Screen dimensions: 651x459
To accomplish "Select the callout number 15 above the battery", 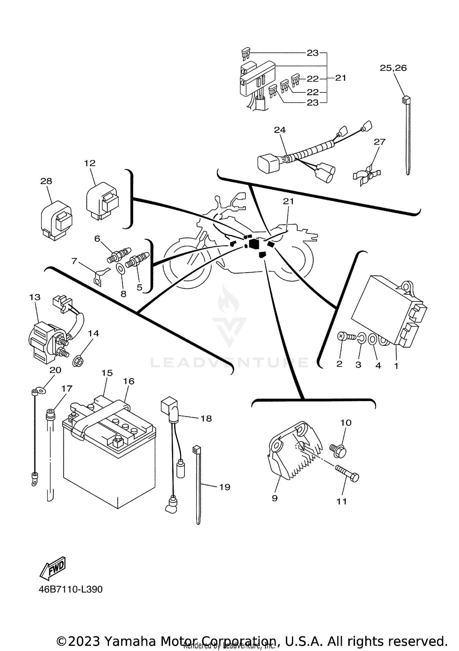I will tap(107, 373).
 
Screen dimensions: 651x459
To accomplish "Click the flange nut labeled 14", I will tap(78, 362).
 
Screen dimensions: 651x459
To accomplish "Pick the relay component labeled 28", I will tap(57, 221).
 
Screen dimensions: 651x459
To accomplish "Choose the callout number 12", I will tap(90, 163).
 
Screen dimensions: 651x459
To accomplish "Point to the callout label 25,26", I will tap(393, 68).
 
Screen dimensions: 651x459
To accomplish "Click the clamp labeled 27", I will tap(368, 176).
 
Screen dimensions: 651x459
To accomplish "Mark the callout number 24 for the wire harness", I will tap(280, 130).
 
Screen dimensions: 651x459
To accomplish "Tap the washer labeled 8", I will tap(120, 269).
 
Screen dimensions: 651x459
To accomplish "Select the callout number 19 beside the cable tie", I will tap(225, 487).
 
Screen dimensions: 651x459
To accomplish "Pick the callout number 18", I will tap(206, 418).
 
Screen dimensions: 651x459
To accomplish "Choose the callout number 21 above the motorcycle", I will tap(288, 201).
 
